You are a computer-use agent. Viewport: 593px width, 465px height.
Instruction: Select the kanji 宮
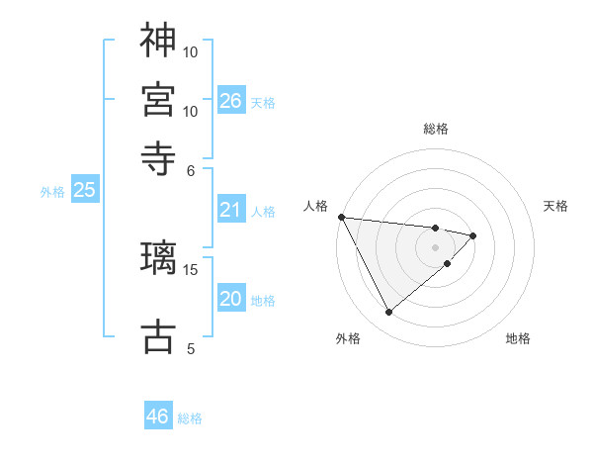(x=158, y=98)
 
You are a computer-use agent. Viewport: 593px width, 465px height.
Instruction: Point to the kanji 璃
(x=158, y=257)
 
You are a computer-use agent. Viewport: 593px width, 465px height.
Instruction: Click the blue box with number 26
(x=231, y=100)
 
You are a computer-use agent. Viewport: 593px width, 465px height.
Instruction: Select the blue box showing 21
(x=230, y=210)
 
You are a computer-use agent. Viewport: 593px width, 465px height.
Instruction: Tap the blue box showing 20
(x=230, y=299)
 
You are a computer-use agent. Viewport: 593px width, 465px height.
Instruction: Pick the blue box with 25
(x=85, y=190)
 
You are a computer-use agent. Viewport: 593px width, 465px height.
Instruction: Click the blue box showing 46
(x=158, y=417)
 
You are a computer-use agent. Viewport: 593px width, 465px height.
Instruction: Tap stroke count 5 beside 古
(x=192, y=348)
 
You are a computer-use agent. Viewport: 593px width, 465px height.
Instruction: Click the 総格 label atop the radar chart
(x=436, y=129)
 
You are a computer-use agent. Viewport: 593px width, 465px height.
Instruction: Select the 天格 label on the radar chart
(x=555, y=206)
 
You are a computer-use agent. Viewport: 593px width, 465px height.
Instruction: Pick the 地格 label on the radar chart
(x=518, y=338)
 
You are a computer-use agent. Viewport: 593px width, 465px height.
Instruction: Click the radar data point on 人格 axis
(x=341, y=217)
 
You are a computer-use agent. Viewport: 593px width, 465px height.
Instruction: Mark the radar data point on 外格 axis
(x=388, y=313)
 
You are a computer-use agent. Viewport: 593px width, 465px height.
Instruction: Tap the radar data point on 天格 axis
(x=473, y=235)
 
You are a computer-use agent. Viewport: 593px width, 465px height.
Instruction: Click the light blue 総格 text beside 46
(x=190, y=418)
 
